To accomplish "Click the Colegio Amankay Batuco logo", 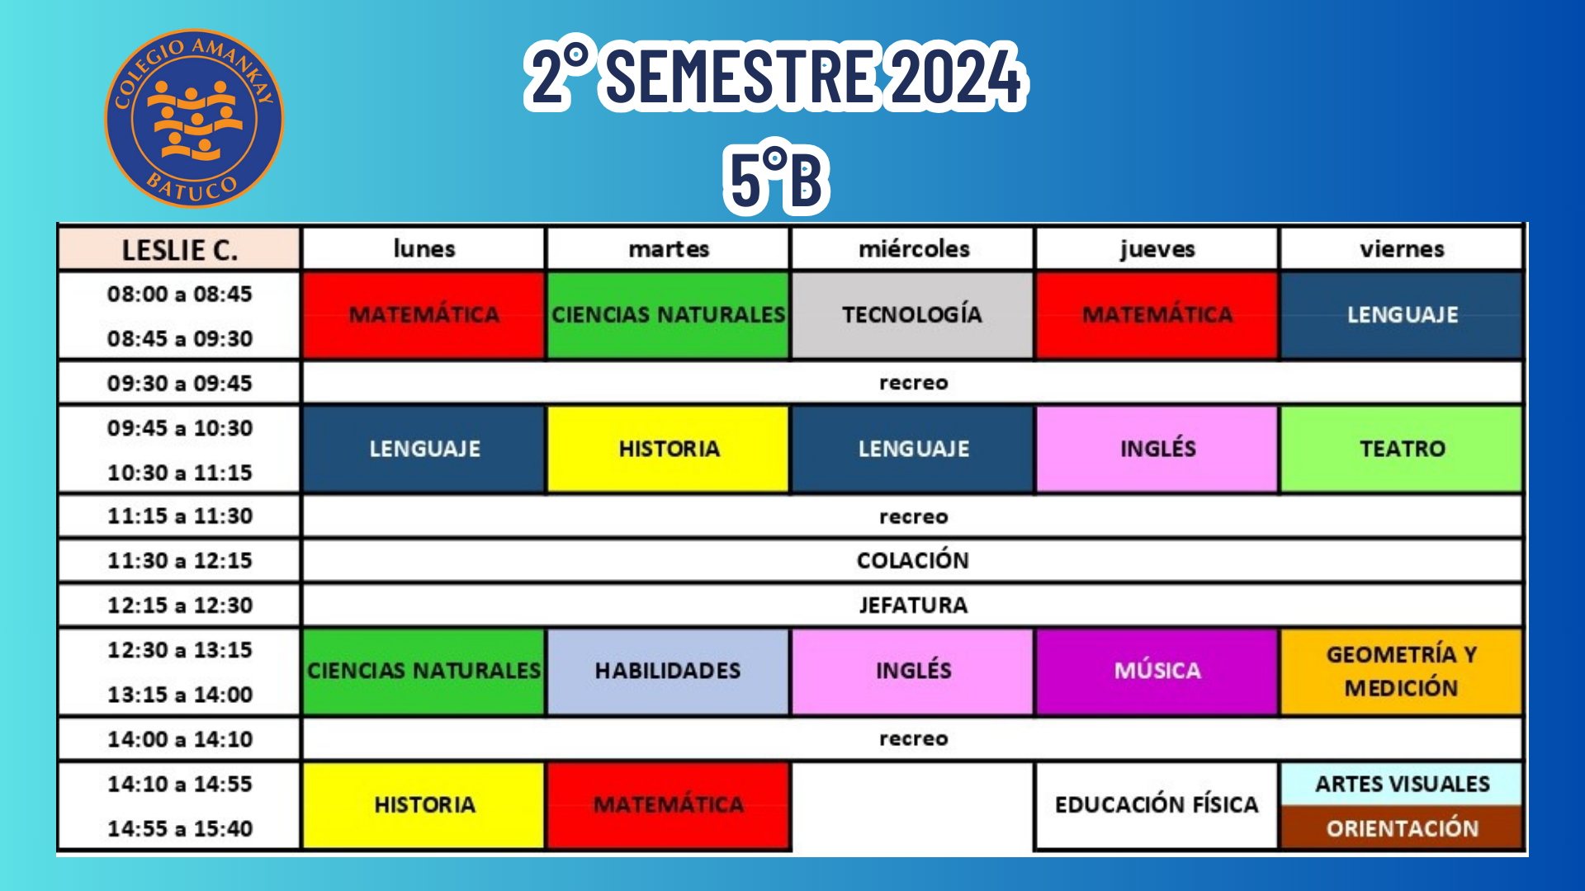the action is point(194,119).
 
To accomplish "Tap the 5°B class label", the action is point(776,179).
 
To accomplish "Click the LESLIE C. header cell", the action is point(179,249).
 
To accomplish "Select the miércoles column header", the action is point(913,249).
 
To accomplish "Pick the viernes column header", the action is point(1402,249).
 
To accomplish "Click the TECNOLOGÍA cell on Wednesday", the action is point(912,315).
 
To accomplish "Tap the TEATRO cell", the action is point(1402,449).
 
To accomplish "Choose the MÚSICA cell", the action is point(1157,671).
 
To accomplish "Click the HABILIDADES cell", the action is point(668,671).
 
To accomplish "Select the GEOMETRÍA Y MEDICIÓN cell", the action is point(1402,671).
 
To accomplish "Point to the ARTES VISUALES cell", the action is point(1402,784).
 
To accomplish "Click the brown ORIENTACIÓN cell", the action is point(1402,827).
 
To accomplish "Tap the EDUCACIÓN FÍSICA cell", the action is point(1157,804).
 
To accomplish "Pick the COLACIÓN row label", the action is point(913,560).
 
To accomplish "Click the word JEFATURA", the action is point(913,605).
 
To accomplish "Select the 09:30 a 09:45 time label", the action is point(179,384).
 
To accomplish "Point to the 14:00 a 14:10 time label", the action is point(179,739).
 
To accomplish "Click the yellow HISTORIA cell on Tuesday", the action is point(668,449).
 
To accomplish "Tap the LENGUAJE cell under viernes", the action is point(1402,315).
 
